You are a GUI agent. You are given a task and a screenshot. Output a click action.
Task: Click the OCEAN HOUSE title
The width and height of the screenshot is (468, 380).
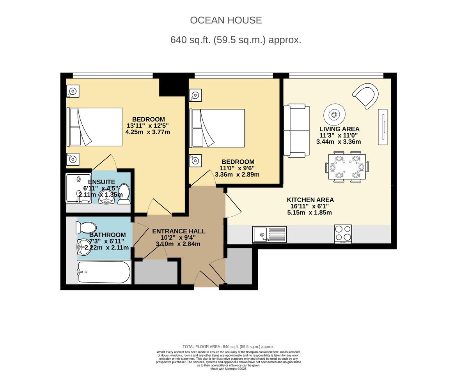coord(226,20)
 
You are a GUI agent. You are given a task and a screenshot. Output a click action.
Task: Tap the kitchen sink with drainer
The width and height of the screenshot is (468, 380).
coord(269,234)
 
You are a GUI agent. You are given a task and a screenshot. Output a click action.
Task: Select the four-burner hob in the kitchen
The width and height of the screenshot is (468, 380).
coord(343,234)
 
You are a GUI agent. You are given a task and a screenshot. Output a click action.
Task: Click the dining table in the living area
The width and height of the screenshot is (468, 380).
coord(347,167)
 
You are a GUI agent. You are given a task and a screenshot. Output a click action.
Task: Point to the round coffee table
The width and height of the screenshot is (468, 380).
coord(334,115)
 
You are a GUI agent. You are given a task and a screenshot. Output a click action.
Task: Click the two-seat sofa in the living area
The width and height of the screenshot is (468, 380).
coord(296,131)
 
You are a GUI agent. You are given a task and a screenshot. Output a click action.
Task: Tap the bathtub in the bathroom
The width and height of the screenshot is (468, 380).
coord(104,272)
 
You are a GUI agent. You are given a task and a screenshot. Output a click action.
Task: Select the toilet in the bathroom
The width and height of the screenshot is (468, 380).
coord(86,228)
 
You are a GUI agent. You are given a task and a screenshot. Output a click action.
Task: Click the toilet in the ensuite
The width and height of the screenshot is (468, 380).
coord(124,194)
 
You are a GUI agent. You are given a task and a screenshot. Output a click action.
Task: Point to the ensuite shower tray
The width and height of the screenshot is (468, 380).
coord(78,188)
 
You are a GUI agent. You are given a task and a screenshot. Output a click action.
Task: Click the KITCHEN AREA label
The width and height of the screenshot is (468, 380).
coord(310,200)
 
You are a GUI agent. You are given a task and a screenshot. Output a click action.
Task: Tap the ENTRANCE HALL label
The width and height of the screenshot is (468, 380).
coord(179,231)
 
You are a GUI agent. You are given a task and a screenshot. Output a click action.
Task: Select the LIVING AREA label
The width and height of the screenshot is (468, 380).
coord(339,129)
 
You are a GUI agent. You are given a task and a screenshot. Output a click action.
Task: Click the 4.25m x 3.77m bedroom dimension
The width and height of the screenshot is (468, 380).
coord(147,132)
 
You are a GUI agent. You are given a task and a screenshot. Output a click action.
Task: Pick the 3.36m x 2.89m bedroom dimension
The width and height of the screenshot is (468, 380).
coord(237,175)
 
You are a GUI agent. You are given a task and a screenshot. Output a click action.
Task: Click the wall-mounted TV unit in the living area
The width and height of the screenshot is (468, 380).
coord(383,127)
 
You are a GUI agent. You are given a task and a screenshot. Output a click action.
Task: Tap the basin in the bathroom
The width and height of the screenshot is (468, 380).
coord(84,247)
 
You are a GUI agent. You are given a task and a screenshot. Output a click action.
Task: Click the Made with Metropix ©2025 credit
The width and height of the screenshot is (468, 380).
coord(228,369)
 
